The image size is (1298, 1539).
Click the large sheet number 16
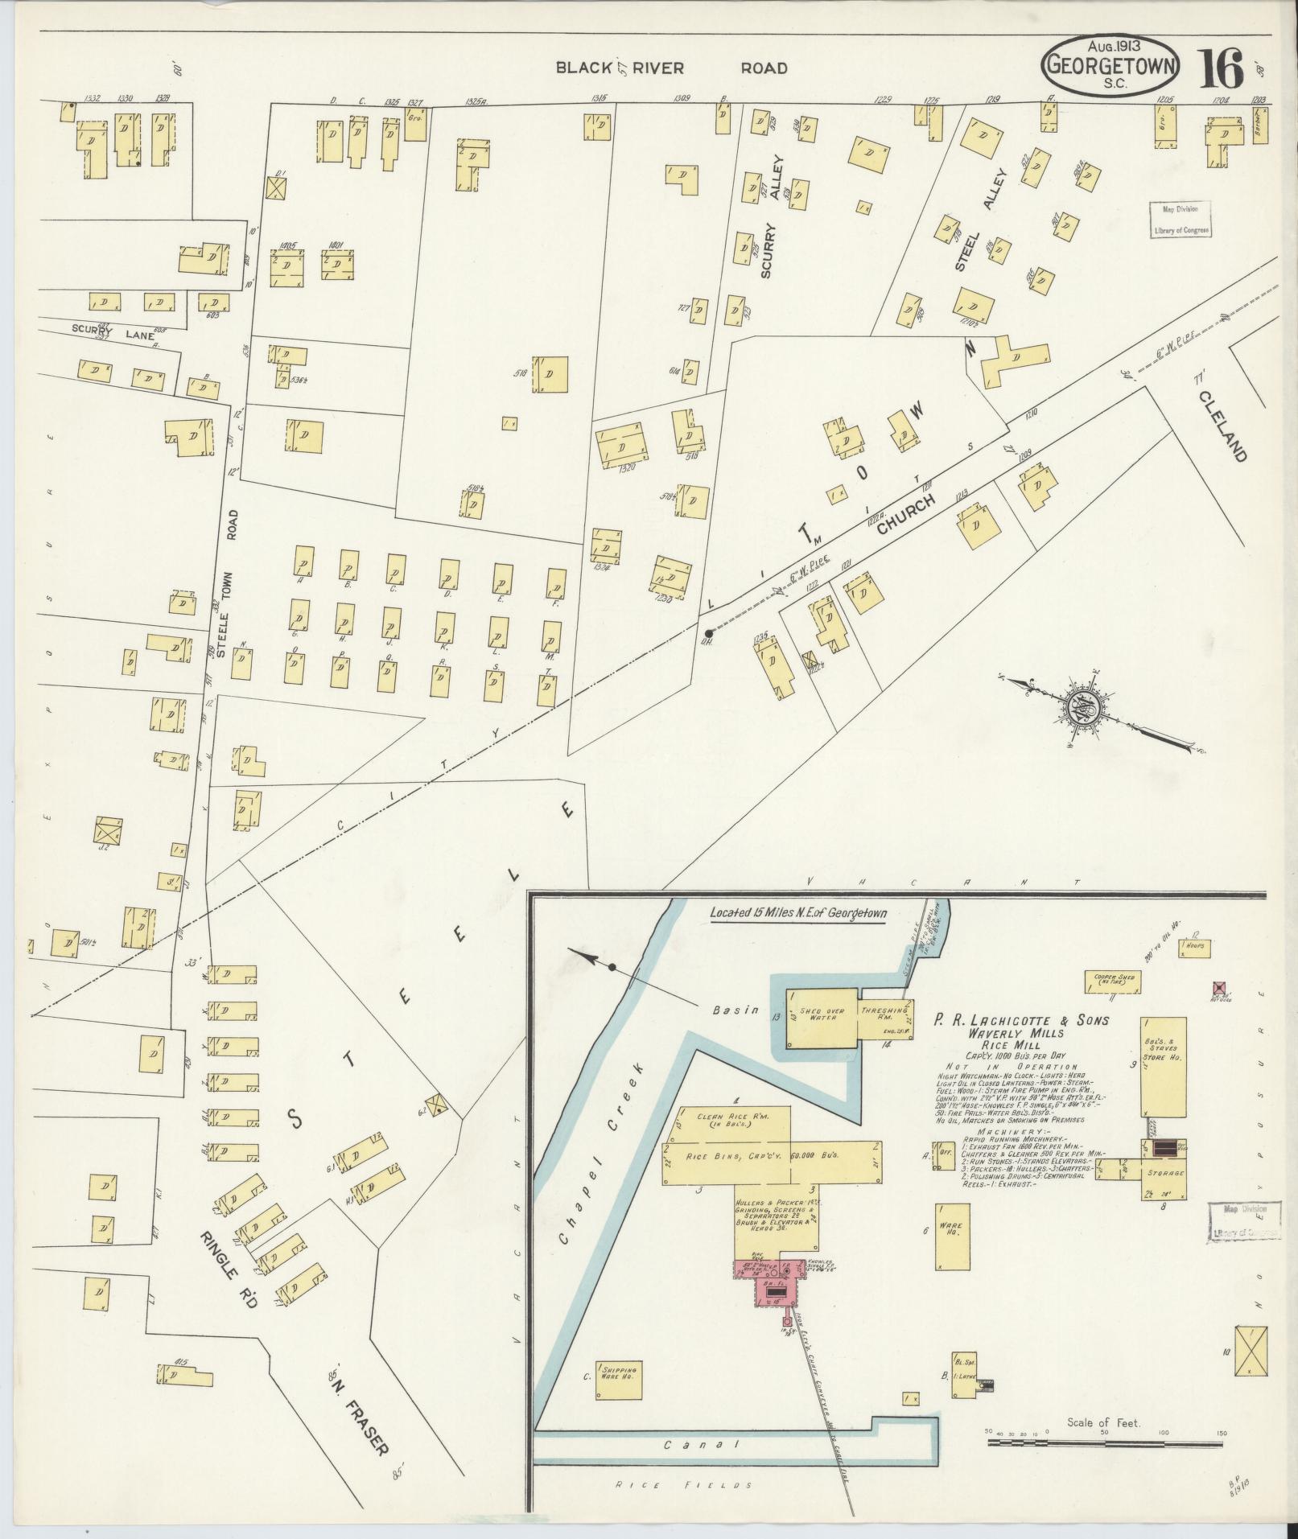(1222, 69)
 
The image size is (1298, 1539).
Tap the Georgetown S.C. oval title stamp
(1111, 67)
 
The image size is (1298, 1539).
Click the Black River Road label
(671, 68)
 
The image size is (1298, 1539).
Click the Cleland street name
(1222, 426)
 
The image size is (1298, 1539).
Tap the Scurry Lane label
(101, 329)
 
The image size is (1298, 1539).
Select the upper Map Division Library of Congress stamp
(1179, 219)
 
